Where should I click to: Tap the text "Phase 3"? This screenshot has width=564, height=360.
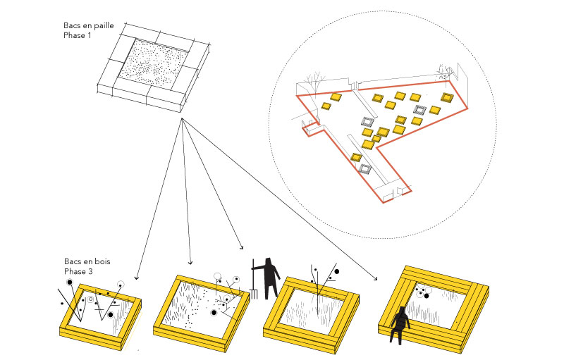click(x=79, y=271)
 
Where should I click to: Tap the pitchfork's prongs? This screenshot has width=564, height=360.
click(x=253, y=291)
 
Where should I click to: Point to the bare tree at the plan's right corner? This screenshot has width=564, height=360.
click(x=444, y=70)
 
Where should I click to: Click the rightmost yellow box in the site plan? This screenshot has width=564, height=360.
click(x=447, y=97)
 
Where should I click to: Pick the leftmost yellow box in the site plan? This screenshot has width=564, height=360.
click(x=326, y=106)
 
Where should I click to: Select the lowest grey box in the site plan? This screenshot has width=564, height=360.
click(x=364, y=169)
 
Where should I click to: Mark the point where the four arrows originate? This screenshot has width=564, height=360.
click(x=182, y=120)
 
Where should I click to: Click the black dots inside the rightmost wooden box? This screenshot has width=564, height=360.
click(x=422, y=292)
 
